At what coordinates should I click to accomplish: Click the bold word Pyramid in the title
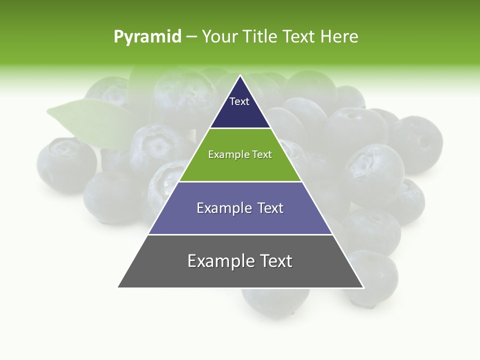click(147, 37)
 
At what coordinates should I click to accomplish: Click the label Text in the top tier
click(239, 101)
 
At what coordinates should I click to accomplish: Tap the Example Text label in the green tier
click(240, 154)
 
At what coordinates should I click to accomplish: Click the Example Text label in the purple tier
click(240, 208)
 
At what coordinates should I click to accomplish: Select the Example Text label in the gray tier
click(240, 261)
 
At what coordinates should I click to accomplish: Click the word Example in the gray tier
click(218, 261)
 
